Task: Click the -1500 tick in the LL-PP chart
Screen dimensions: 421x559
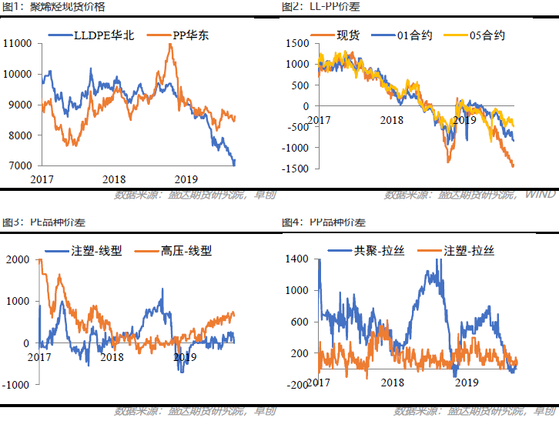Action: pyautogui.click(x=296, y=168)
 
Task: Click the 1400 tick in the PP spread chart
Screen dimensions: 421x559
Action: pyautogui.click(x=296, y=259)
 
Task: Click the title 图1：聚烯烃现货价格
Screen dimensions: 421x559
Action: pyautogui.click(x=55, y=7)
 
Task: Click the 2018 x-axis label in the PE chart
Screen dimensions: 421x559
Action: pyautogui.click(x=112, y=357)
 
